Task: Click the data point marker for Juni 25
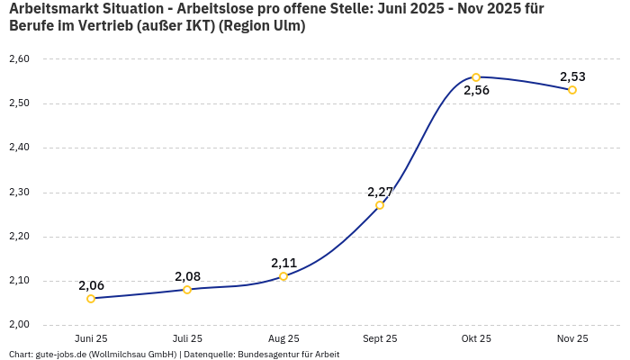pyautogui.click(x=91, y=299)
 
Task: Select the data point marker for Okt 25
pyautogui.click(x=476, y=77)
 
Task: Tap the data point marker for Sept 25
pyautogui.click(x=380, y=205)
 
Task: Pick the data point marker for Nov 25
pyautogui.click(x=572, y=90)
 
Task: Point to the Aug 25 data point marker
pyautogui.click(x=283, y=276)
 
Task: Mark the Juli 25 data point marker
pyautogui.click(x=187, y=290)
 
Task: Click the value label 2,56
pyautogui.click(x=476, y=91)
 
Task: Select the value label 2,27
pyautogui.click(x=380, y=192)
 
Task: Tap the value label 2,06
pyautogui.click(x=91, y=285)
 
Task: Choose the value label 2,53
pyautogui.click(x=572, y=76)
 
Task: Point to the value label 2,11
pyautogui.click(x=283, y=263)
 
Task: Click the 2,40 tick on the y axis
pyautogui.click(x=19, y=148)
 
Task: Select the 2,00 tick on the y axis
pyautogui.click(x=19, y=325)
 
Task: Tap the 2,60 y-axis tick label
pyautogui.click(x=19, y=59)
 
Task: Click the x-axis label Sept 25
pyautogui.click(x=380, y=338)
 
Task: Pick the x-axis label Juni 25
pyautogui.click(x=91, y=338)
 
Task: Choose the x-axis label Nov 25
pyautogui.click(x=572, y=338)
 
